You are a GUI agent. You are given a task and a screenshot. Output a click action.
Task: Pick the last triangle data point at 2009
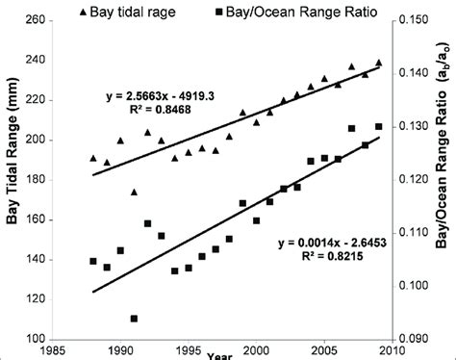pos(378,63)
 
